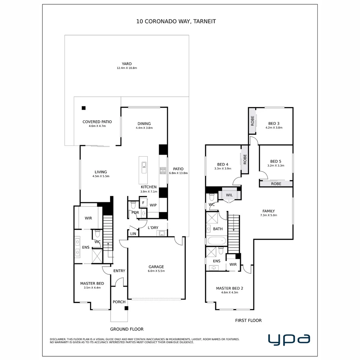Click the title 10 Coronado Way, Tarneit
coord(176,21)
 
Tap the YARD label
coord(127,64)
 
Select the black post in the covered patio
coord(84,108)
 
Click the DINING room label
coord(144,124)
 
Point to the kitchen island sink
coord(144,165)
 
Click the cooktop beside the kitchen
coord(163,171)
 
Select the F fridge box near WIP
coord(143,202)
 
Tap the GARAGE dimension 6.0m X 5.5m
coord(156,271)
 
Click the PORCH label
coord(119,302)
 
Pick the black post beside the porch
coord(126,308)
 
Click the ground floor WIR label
coord(88,218)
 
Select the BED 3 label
coord(274,123)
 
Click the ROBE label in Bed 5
coord(276,184)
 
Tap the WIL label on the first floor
coord(229,195)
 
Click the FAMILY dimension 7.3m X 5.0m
coord(269,215)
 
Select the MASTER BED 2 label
coord(229,288)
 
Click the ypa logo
coord(289,339)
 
